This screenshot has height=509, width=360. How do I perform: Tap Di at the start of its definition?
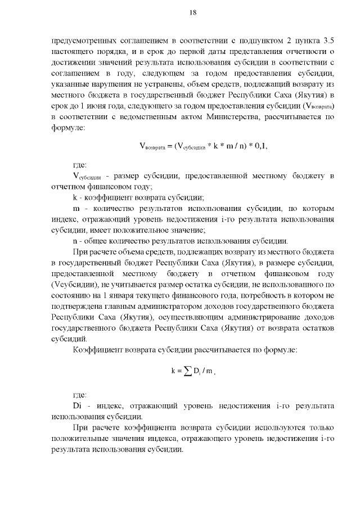(78, 406)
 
